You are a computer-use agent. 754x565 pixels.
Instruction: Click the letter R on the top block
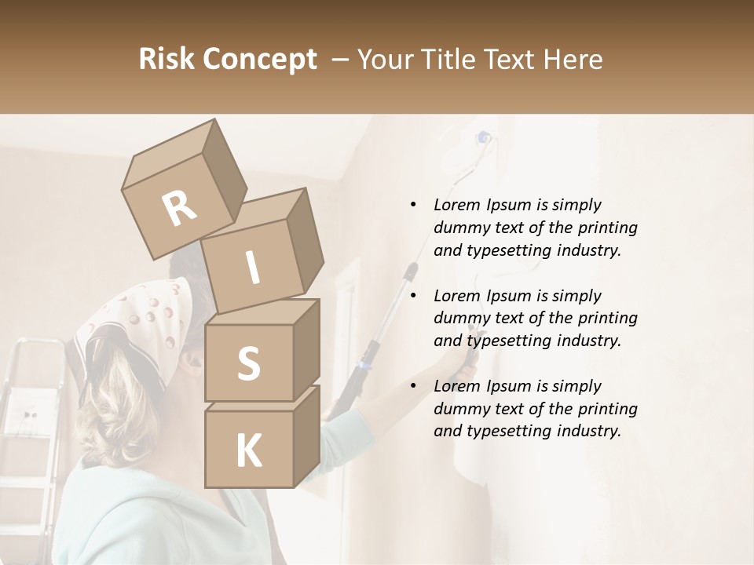179,209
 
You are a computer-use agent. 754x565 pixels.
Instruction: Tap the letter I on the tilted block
253,268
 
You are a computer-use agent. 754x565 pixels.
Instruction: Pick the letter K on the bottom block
248,450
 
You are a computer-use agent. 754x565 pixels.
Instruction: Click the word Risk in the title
168,59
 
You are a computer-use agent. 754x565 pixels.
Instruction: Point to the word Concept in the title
261,60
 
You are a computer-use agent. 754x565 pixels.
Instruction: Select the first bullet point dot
413,206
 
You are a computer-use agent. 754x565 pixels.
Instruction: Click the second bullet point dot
413,296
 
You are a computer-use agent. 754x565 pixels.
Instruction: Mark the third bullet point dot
413,386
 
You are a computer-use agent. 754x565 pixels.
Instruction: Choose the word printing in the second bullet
608,318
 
